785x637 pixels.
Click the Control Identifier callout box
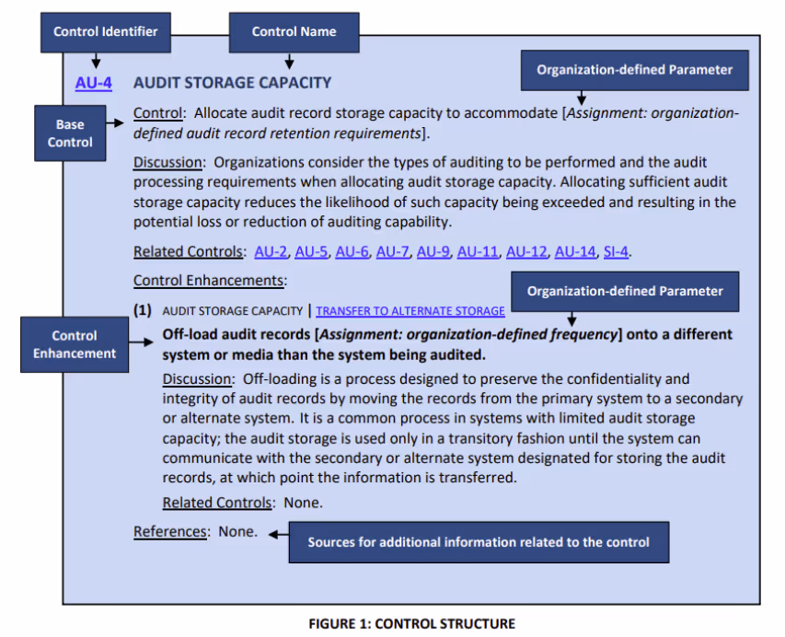(106, 31)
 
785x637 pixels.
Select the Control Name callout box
(294, 31)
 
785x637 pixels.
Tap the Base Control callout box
(71, 133)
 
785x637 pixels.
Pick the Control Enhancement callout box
(75, 344)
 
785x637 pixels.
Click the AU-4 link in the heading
(94, 83)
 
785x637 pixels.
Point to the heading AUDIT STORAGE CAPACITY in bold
(232, 83)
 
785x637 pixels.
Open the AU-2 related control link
(271, 251)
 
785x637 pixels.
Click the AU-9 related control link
(433, 251)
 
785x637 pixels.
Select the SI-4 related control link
(616, 251)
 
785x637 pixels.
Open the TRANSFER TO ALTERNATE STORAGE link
(410, 311)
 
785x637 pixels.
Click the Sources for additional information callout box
(478, 542)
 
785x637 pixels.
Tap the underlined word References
(170, 531)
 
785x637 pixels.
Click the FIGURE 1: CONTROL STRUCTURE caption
(411, 623)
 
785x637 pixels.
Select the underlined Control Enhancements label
(209, 280)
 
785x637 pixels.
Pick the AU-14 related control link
(575, 251)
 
